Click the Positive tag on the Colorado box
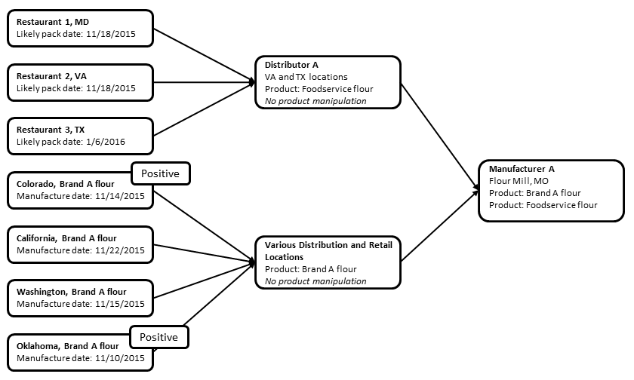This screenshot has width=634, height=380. click(160, 173)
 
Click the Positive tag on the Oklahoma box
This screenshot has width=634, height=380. click(160, 337)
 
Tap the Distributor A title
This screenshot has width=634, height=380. click(282, 65)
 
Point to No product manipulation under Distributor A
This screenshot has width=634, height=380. click(311, 100)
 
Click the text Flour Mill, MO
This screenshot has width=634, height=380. click(520, 181)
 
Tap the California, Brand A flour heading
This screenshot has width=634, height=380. click(67, 238)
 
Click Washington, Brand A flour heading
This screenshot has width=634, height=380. click(72, 292)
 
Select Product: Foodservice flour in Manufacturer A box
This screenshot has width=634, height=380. click(543, 204)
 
